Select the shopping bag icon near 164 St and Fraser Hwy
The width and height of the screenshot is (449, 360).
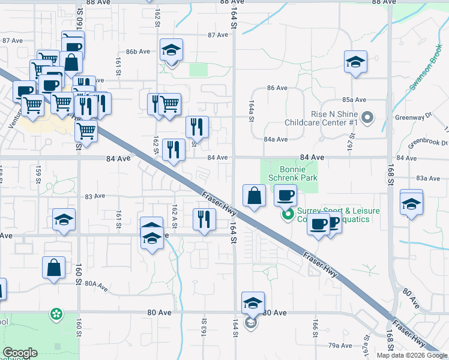(x=254, y=196)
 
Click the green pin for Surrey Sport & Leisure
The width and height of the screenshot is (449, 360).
(x=288, y=213)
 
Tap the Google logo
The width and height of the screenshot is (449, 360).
(x=20, y=353)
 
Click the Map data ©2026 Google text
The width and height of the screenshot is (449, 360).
(x=412, y=355)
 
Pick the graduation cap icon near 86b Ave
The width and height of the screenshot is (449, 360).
(x=171, y=50)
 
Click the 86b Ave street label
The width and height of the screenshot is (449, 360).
(x=137, y=52)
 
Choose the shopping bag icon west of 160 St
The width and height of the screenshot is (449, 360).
(x=53, y=268)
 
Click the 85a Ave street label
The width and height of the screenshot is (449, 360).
(x=354, y=100)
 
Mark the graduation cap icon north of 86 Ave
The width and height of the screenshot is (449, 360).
(x=355, y=62)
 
